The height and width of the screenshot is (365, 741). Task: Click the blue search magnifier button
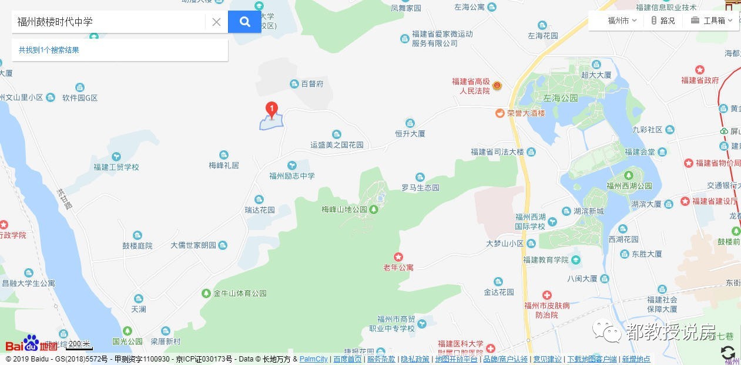244,22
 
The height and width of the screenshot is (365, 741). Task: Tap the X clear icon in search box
216,22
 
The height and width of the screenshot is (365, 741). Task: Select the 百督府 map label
312,84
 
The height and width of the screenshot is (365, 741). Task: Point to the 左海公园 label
561,98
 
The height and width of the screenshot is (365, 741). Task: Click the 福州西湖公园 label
629,186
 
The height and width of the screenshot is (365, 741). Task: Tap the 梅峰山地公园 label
344,209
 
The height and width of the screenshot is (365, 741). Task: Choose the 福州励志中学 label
292,175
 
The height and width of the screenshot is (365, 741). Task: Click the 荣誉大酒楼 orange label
526,113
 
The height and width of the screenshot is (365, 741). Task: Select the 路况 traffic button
663,21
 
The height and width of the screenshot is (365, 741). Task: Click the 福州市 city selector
622,21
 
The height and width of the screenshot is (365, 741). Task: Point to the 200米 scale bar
78,345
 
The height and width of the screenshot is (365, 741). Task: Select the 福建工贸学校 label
116,167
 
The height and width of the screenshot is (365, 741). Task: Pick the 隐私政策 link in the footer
415,359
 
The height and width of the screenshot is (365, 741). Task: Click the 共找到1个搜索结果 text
49,50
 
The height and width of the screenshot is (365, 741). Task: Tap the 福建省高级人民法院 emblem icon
497,86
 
